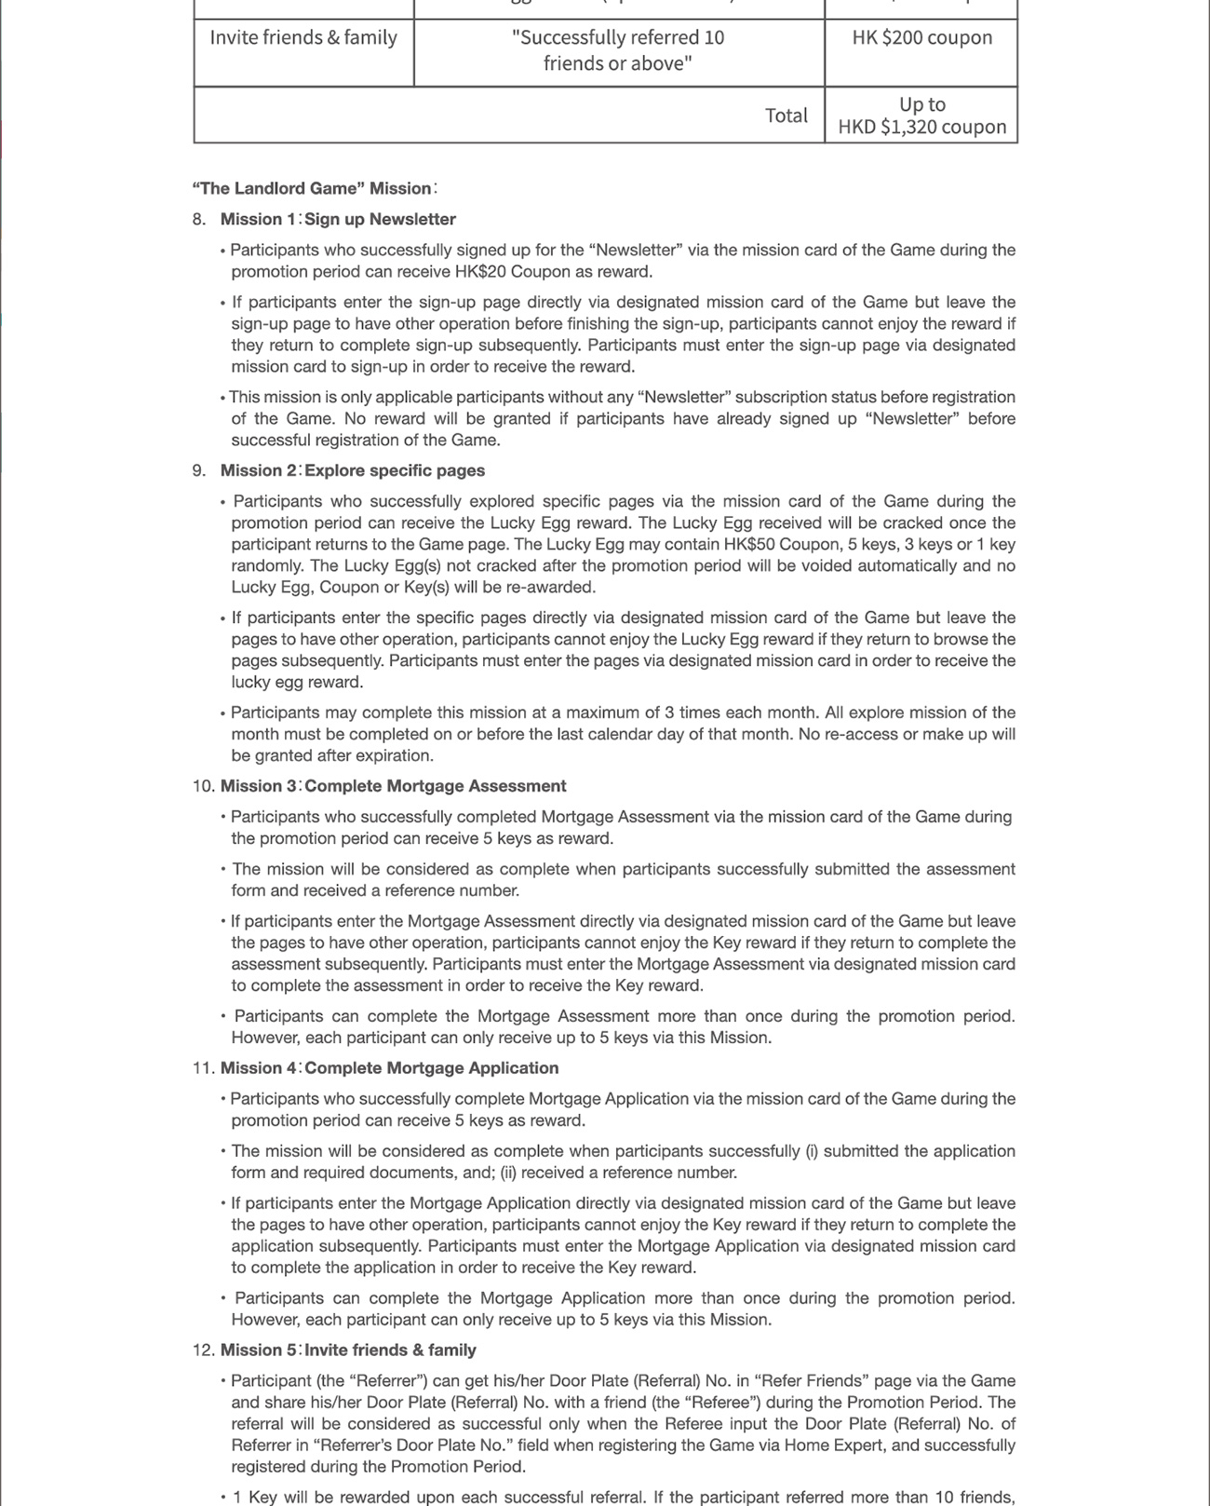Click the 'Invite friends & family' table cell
[303, 38]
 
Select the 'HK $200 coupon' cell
[921, 38]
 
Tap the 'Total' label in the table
[786, 115]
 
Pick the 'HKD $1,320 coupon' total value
[921, 127]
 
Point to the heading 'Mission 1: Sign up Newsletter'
[338, 220]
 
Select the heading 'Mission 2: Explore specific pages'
[353, 471]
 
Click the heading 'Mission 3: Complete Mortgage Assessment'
[393, 786]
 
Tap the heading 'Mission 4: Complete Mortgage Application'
[389, 1068]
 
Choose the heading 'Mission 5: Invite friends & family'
[348, 1350]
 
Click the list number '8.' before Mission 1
[199, 220]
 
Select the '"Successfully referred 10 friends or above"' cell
[618, 50]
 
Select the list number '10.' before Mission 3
[203, 786]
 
